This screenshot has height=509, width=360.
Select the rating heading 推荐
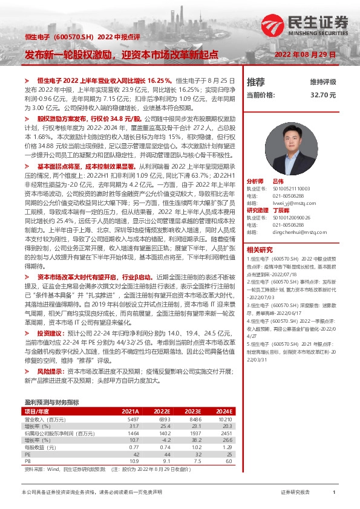(x=256, y=82)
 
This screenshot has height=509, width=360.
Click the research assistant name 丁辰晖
(x=282, y=210)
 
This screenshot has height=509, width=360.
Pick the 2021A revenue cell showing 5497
(x=215, y=418)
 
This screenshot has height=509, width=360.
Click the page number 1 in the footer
(x=334, y=493)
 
